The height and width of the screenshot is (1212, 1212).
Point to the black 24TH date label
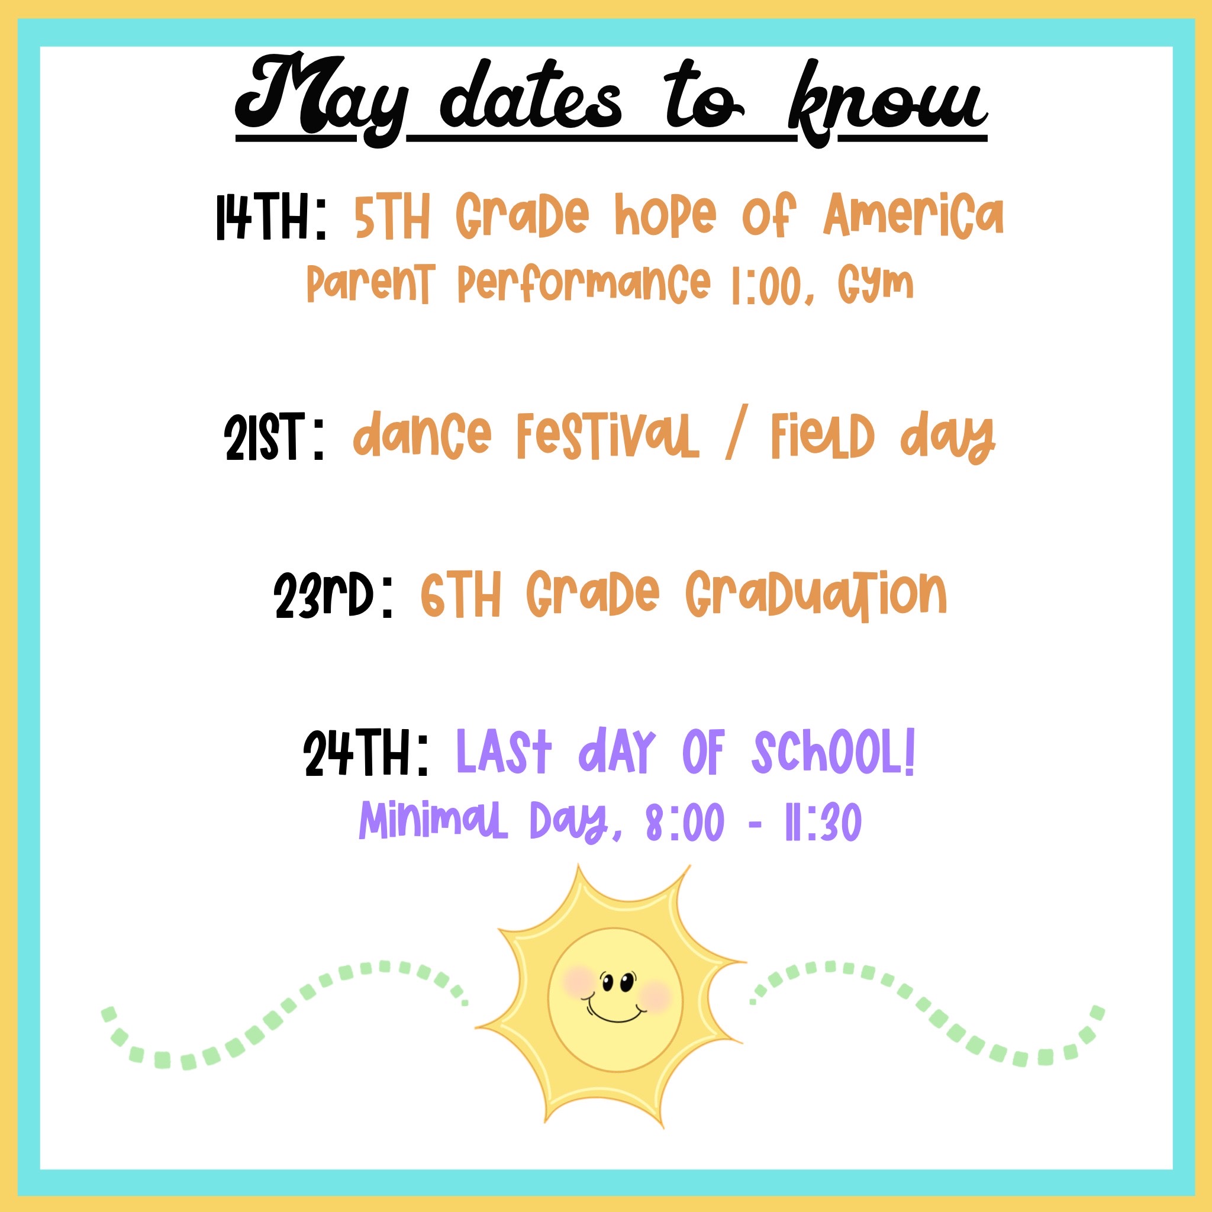[366, 753]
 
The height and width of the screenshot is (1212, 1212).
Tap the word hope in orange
[666, 217]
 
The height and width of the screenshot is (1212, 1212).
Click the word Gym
[876, 285]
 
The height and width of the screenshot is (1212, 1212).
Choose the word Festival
[607, 436]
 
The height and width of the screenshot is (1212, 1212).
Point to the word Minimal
[433, 821]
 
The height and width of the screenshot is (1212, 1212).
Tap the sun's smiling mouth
[615, 1014]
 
